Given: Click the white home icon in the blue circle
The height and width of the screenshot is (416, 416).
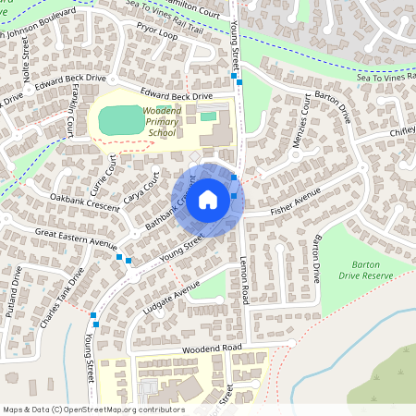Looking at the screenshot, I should pos(208,200).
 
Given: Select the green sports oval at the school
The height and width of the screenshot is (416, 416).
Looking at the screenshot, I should pos(117,119).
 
